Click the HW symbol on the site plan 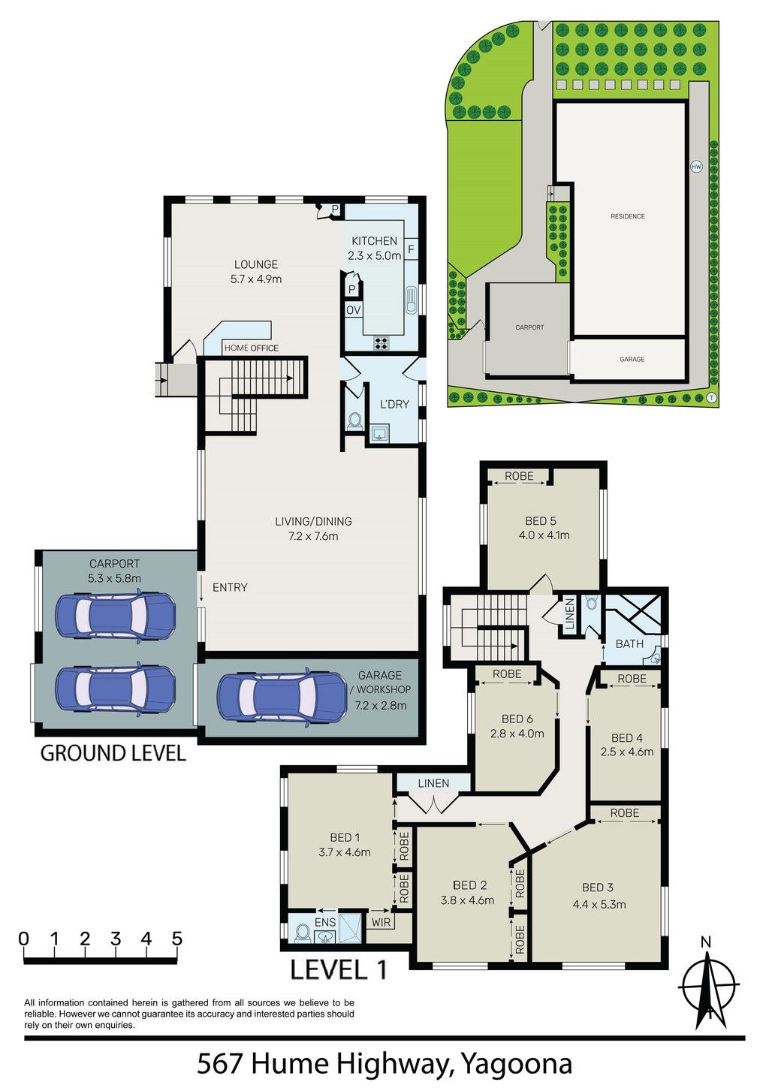[x=696, y=167]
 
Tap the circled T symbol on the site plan [x=712, y=397]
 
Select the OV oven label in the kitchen [x=354, y=310]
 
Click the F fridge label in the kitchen [x=411, y=249]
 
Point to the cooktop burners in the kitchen [x=381, y=343]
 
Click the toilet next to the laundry [x=354, y=420]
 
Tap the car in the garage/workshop [x=282, y=698]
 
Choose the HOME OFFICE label [x=251, y=348]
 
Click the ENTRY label [x=230, y=587]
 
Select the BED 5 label [x=540, y=520]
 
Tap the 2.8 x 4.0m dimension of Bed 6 [x=517, y=733]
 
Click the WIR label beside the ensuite [x=381, y=921]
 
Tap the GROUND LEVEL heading [x=113, y=753]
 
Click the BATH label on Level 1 [x=629, y=644]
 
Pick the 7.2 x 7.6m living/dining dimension [x=313, y=536]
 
